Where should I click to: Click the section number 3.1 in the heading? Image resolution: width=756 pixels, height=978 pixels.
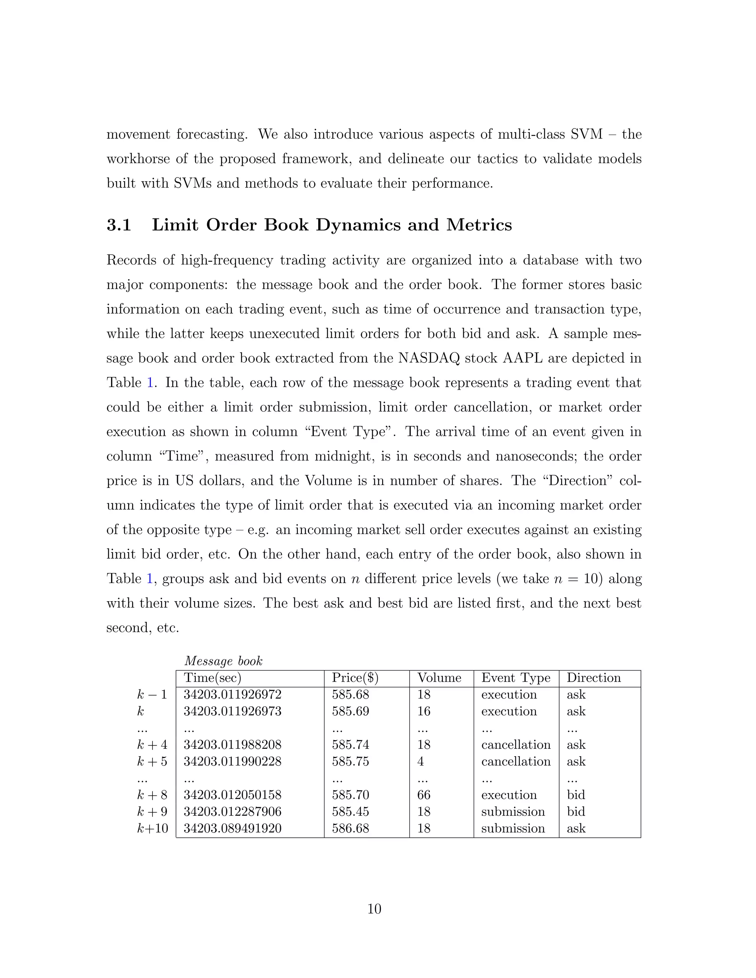coord(119,225)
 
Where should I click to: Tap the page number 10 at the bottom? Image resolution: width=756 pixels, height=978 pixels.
coord(374,909)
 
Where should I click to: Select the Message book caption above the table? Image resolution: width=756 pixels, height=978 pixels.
coord(223,661)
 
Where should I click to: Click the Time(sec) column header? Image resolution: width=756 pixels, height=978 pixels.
coord(212,678)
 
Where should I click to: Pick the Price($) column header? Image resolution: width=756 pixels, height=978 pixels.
coord(355,678)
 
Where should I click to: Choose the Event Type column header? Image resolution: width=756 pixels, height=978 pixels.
coord(515,678)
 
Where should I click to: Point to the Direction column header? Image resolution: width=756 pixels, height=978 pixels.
coord(594,678)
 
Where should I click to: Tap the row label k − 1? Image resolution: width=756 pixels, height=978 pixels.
coord(152,695)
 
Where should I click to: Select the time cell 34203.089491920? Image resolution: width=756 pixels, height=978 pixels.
coord(233,829)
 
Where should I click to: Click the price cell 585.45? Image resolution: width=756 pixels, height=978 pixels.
coord(350,812)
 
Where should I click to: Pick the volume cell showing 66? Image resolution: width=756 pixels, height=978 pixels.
coord(424,795)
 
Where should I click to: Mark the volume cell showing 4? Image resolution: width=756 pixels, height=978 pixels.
coord(420,761)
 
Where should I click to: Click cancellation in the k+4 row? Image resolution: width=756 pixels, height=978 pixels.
coord(515,745)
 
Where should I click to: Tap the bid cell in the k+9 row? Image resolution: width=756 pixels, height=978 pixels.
coord(575,812)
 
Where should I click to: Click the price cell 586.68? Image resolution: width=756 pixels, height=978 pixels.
coord(350,829)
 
